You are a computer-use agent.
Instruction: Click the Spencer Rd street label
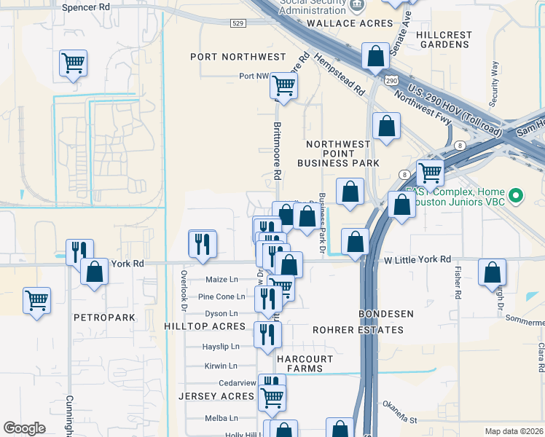(x=86, y=7)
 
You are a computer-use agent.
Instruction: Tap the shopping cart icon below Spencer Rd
(x=73, y=64)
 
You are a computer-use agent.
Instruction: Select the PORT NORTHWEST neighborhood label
(x=238, y=57)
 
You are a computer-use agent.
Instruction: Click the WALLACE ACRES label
(x=340, y=23)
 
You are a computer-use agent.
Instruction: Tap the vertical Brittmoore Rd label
(x=277, y=150)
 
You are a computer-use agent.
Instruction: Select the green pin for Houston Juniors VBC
(x=516, y=195)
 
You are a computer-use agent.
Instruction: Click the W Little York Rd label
(x=417, y=259)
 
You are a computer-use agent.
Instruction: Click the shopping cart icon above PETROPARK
(x=36, y=299)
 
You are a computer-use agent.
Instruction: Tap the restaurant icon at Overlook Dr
(x=202, y=243)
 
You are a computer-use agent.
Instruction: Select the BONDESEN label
(x=386, y=314)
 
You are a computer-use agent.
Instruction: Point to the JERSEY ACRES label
(x=216, y=396)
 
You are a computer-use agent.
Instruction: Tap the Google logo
(x=24, y=428)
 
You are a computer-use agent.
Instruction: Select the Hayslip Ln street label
(x=220, y=347)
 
